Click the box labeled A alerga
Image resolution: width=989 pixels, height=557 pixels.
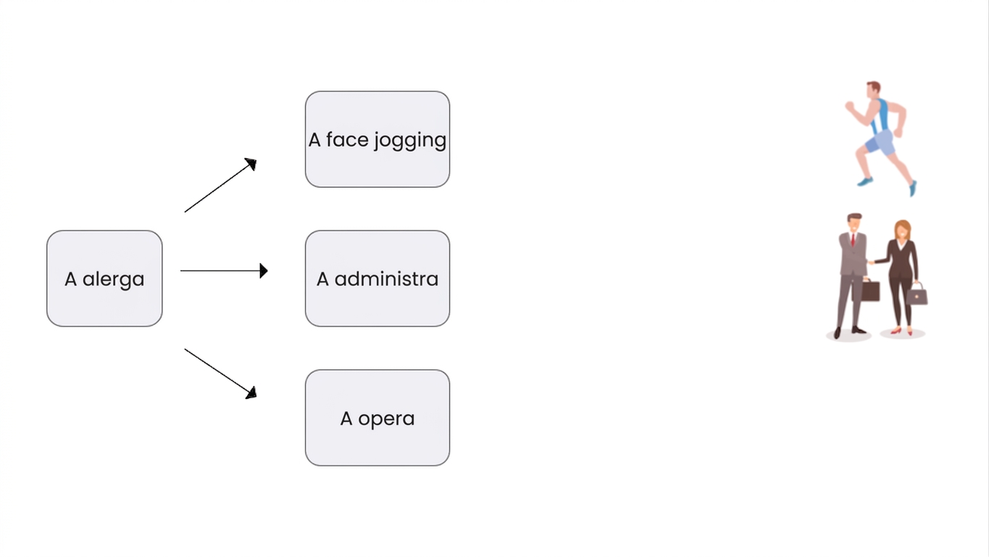tap(104, 278)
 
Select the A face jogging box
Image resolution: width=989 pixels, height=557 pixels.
tap(377, 139)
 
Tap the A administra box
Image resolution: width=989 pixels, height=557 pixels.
tap(377, 278)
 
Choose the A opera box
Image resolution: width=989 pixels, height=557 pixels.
tap(377, 418)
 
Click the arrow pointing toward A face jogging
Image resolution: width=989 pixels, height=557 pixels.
tap(220, 185)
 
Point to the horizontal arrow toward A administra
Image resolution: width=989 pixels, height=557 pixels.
tap(224, 271)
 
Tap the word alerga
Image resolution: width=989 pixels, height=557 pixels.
tap(114, 279)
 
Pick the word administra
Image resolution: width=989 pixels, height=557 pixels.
tap(386, 279)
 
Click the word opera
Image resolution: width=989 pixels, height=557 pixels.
tap(386, 419)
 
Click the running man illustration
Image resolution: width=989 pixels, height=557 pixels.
tap(882, 139)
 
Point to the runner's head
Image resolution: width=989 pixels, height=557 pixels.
tap(873, 90)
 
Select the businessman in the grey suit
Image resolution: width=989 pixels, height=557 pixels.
tap(853, 276)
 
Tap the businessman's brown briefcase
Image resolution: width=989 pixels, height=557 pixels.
tap(870, 290)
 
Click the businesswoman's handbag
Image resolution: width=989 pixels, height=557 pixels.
tap(917, 294)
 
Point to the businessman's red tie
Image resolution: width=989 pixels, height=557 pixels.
tap(853, 239)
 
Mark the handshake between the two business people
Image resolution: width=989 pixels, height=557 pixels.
tap(871, 262)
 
